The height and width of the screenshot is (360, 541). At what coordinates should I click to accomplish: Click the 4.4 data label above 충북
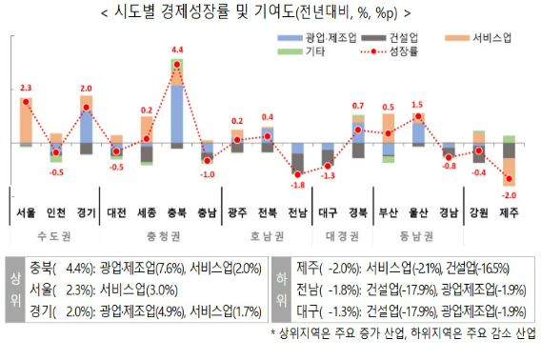click(x=176, y=50)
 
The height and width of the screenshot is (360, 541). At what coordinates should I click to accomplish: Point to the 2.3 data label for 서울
click(x=26, y=87)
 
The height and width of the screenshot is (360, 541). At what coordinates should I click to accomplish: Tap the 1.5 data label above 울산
click(x=417, y=105)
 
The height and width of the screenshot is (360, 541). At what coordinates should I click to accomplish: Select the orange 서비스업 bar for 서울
click(x=27, y=119)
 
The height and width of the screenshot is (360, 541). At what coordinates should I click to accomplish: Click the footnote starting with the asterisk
click(x=404, y=332)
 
